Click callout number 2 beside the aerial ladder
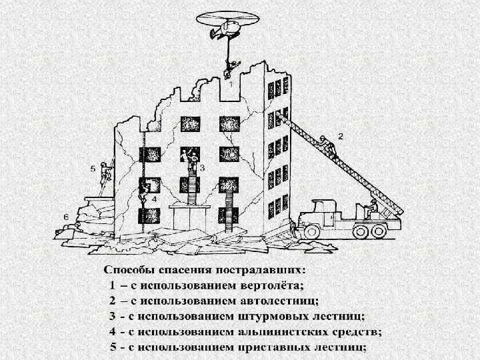(341, 135)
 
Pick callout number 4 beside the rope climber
(154, 199)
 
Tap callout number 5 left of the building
(93, 169)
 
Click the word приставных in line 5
(273, 347)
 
